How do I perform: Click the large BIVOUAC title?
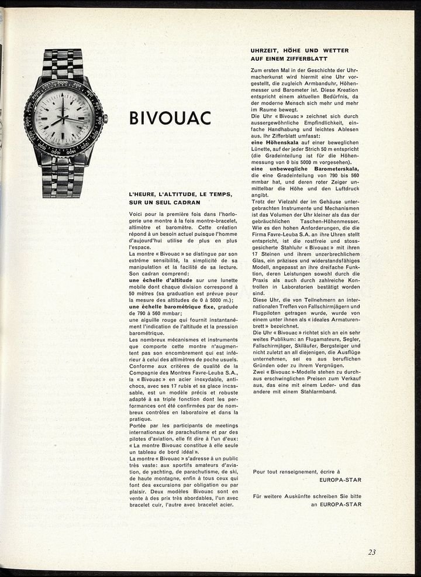point(170,118)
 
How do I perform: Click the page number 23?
point(372,551)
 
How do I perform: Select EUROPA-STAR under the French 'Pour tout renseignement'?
point(340,480)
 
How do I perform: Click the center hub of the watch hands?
point(64,118)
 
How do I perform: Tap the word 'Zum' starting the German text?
point(256,70)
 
